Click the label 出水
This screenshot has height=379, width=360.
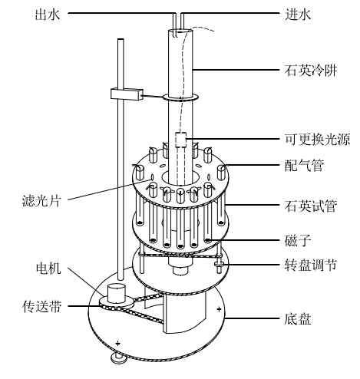48,14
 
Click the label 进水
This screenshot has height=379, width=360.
298,14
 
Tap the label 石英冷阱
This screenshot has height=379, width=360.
311,70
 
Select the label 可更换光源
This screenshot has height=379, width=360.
317,140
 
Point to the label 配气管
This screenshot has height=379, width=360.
305,165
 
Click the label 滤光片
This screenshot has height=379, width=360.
41,201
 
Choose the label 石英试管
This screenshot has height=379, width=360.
311,206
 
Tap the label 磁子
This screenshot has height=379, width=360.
298,240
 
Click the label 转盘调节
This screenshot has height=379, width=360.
311,265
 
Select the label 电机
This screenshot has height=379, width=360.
48,269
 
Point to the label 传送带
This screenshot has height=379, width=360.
42,306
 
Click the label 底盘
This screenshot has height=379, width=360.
298,319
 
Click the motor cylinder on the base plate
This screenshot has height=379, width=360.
116,293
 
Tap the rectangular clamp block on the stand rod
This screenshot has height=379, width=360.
127,94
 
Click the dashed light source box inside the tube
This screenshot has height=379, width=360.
180,140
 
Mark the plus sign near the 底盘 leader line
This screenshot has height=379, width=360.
219,309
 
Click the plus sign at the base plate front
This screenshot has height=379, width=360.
117,343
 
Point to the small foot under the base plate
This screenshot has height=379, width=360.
118,358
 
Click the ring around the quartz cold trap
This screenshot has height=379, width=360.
180,97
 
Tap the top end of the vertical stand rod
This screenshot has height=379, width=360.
121,39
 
